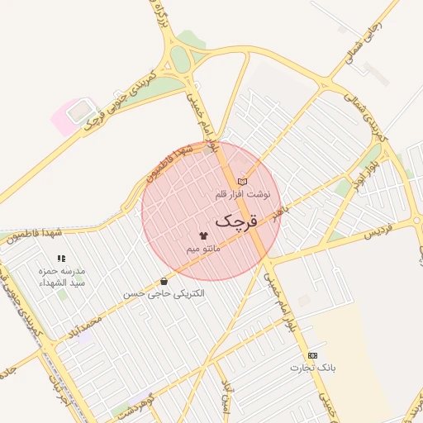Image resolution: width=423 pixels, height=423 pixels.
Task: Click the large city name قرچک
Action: tap(237, 221)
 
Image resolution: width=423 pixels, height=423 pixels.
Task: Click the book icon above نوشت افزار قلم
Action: tap(242, 181)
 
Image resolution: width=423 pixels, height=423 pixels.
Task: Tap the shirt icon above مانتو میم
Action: tap(203, 235)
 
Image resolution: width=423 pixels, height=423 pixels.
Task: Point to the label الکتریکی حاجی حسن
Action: tap(164, 293)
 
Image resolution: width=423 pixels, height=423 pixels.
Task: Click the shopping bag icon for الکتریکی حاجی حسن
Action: tap(164, 281)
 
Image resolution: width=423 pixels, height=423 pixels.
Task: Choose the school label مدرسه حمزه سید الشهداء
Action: tap(62, 276)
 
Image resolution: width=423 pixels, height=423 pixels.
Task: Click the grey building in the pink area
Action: tap(79, 109)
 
